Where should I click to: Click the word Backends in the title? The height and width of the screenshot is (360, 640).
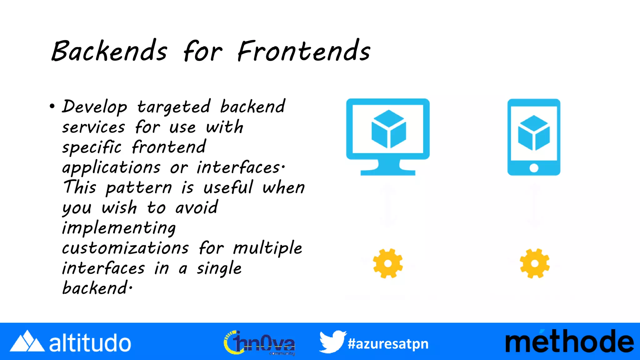pyautogui.click(x=109, y=51)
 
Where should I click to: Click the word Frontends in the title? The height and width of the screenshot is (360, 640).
pyautogui.click(x=304, y=51)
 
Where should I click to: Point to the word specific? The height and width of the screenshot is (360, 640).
pyautogui.click(x=92, y=147)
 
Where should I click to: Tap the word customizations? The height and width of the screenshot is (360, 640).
pyautogui.click(x=125, y=248)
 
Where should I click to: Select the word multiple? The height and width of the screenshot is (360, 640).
pyautogui.click(x=267, y=248)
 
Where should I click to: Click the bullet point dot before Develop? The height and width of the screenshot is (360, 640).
pyautogui.click(x=52, y=107)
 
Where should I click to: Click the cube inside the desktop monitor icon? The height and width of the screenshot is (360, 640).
pyautogui.click(x=388, y=129)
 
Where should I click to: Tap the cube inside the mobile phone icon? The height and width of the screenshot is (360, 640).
pyautogui.click(x=534, y=133)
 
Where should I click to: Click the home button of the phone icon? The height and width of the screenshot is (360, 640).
pyautogui.click(x=534, y=168)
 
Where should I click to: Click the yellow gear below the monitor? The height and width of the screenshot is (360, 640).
pyautogui.click(x=388, y=263)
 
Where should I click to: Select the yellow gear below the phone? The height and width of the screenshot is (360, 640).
pyautogui.click(x=534, y=263)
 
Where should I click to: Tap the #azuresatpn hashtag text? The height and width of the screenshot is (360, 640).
pyautogui.click(x=388, y=344)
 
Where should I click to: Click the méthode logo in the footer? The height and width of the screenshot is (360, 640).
pyautogui.click(x=569, y=342)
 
